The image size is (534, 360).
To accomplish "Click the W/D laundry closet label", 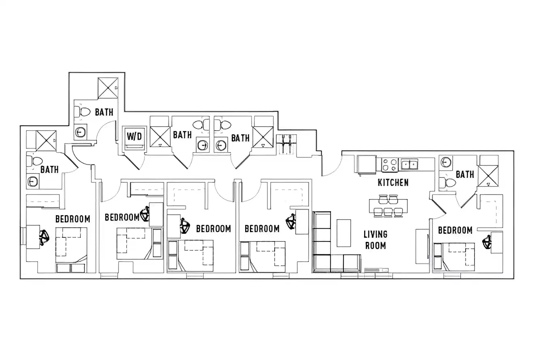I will tap(134, 136).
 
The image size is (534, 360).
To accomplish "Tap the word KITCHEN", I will tap(393, 182).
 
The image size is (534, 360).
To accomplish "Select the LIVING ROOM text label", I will tap(375, 239).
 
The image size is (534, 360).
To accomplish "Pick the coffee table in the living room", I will tap(343, 233).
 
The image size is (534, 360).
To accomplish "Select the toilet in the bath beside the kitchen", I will tap(448, 182).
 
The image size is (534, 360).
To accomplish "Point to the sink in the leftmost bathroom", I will tap(33, 182).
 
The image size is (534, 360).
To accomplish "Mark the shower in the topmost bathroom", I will tap(108, 88).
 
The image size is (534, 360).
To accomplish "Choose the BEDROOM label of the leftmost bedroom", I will tap(72, 219).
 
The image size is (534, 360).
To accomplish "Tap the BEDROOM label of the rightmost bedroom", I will tap(455, 230).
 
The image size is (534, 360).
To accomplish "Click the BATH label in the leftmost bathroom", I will tap(49, 169).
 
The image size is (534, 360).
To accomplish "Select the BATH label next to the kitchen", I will tap(465, 174).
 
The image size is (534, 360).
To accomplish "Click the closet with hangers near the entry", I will tap(286, 144).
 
